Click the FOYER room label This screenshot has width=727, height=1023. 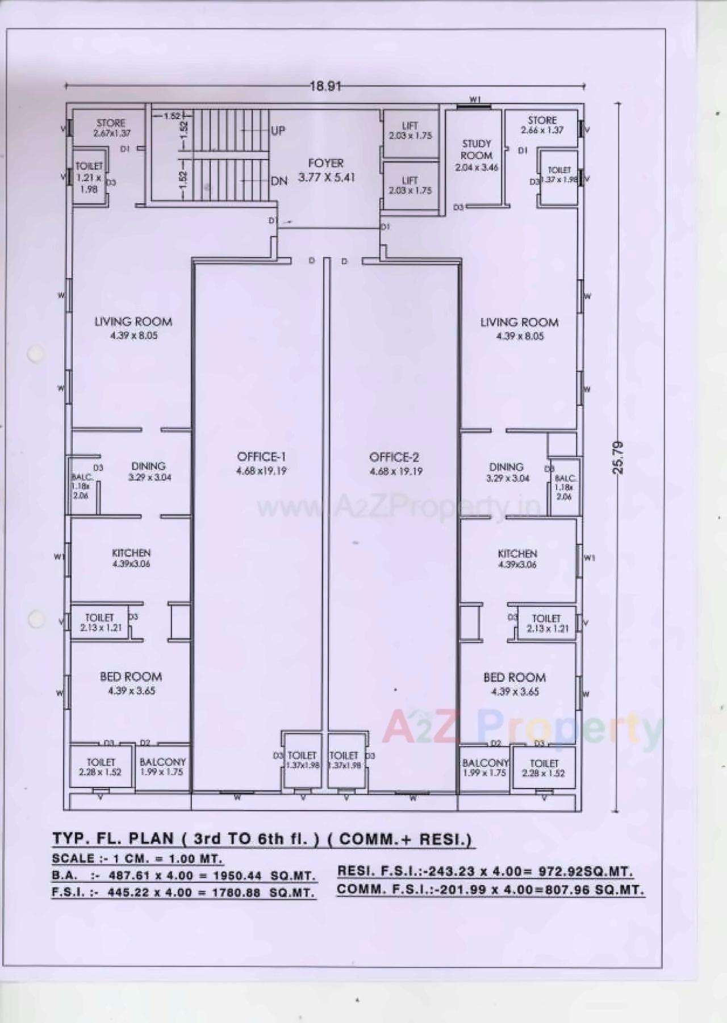(326, 163)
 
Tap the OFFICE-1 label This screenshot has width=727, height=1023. (261, 457)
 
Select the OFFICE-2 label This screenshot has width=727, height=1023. (394, 458)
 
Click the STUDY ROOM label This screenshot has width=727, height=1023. (476, 150)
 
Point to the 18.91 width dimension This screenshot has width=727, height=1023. (325, 86)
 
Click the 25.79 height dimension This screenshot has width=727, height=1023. (619, 458)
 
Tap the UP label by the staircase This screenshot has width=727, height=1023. (278, 131)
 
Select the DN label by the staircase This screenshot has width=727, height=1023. (279, 181)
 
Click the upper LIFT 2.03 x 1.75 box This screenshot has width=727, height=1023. (410, 131)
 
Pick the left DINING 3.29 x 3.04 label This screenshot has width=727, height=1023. (149, 471)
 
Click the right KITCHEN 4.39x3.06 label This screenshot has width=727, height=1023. (517, 558)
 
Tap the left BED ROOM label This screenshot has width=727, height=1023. (131, 677)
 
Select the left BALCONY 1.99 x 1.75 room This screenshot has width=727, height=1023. (162, 767)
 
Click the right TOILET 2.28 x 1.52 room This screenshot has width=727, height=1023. (544, 768)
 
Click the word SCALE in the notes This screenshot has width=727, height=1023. (72, 858)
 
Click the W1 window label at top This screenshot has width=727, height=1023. (475, 100)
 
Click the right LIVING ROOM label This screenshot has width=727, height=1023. (519, 322)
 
